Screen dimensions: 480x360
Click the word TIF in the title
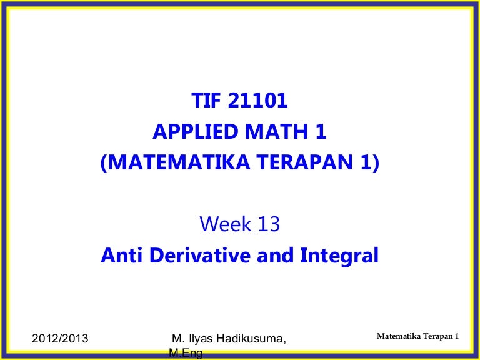pos(206,101)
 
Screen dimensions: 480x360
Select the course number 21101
pos(257,101)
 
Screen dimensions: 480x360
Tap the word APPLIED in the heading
pos(195,131)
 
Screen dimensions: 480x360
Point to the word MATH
pos(276,131)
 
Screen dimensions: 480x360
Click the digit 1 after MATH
pos(321,131)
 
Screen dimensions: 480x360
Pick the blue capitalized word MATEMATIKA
pos(179,162)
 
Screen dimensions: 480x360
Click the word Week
pos(225,224)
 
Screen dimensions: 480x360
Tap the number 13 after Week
pos(269,224)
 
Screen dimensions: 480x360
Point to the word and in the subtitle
pos(275,255)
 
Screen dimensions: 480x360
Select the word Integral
pos(339,256)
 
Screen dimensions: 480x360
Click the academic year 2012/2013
pos(60,339)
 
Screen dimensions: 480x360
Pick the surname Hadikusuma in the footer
pos(252,339)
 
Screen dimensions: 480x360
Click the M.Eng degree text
pos(186,354)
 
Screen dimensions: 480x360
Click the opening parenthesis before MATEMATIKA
pos(104,163)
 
